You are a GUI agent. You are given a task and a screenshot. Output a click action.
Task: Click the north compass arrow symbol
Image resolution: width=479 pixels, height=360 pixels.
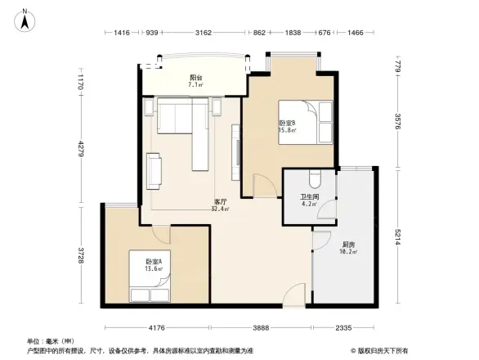[x=26, y=18]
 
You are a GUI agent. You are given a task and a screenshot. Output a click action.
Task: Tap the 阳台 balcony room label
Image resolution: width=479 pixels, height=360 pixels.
[x=195, y=79]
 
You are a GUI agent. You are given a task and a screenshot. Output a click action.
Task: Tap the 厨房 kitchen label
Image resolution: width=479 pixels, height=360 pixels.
[x=325, y=246]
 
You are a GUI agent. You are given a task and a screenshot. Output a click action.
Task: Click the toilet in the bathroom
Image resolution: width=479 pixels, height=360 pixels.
[x=316, y=179]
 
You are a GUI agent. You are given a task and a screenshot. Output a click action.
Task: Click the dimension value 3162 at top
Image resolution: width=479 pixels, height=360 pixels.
[x=204, y=33]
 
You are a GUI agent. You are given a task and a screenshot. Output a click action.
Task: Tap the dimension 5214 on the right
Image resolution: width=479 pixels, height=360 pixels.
[x=398, y=237]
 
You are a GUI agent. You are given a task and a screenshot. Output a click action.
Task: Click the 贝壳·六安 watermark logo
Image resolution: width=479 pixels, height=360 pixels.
[x=381, y=350]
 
